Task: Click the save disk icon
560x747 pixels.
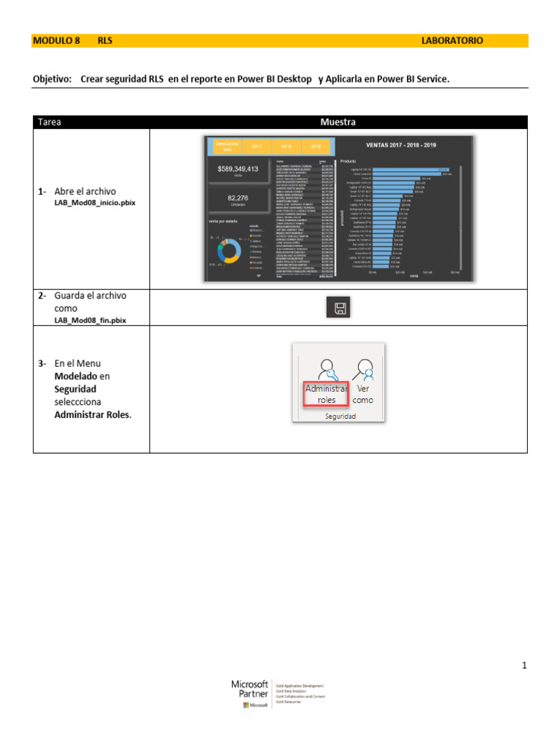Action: pos(339,309)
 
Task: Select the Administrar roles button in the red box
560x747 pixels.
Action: pos(327,394)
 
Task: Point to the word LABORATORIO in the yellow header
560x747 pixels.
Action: pos(452,41)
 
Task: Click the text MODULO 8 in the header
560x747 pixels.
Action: pos(56,41)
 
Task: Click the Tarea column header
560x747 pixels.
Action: pos(50,123)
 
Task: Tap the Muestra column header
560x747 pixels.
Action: pos(338,123)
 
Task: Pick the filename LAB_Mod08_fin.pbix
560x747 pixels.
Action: pos(90,320)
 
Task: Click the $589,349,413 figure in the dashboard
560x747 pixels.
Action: pos(238,169)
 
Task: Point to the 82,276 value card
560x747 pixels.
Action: pos(238,198)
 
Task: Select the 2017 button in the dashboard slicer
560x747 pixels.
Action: pos(257,146)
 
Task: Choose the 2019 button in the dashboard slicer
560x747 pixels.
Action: pos(315,146)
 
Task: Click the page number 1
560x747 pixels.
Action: pos(524,665)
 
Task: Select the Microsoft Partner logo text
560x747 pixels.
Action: pos(249,689)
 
